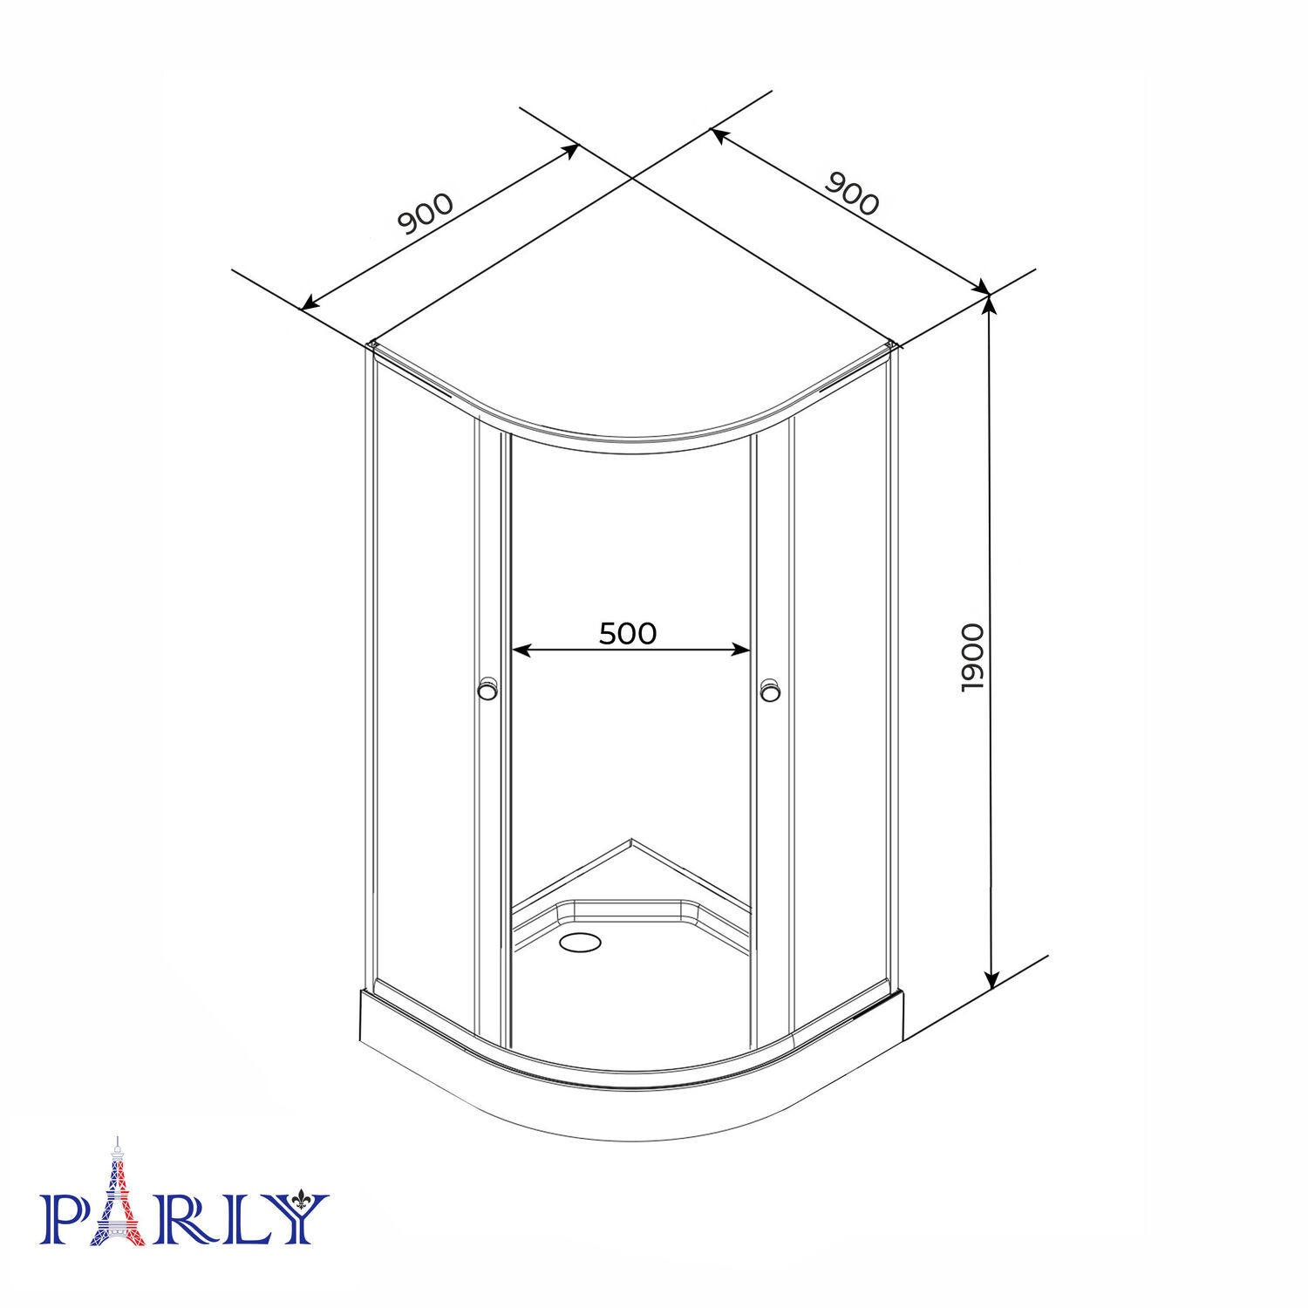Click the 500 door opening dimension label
[x=628, y=634]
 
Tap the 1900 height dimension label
[x=972, y=657]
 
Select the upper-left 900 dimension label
[x=426, y=214]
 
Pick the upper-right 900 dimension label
[x=852, y=194]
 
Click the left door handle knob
[x=488, y=689]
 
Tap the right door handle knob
[x=769, y=690]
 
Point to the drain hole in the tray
[x=580, y=942]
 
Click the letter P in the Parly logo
[x=64, y=1218]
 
